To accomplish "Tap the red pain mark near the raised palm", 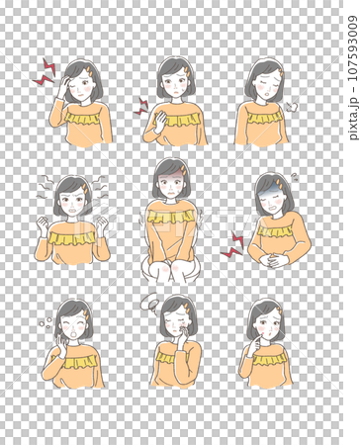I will [141, 106].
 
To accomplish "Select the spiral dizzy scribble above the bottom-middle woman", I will [151, 301].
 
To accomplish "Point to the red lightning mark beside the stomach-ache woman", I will [231, 245].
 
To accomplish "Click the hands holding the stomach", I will [274, 260].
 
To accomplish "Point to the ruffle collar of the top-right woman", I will [264, 117].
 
